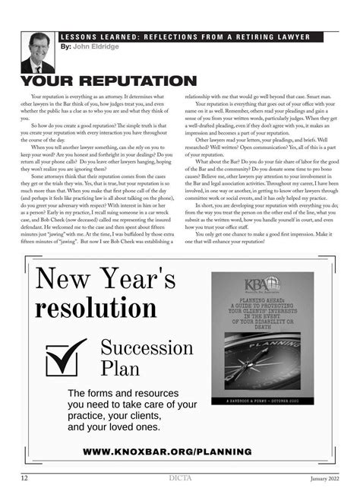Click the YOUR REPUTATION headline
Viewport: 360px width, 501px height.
108,81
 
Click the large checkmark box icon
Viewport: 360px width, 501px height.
67,357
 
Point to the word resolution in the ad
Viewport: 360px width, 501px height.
96,309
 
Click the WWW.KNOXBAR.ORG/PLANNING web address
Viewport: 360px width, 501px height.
166,452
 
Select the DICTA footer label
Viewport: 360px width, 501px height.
179,477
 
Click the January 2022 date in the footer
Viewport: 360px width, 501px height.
324,478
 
